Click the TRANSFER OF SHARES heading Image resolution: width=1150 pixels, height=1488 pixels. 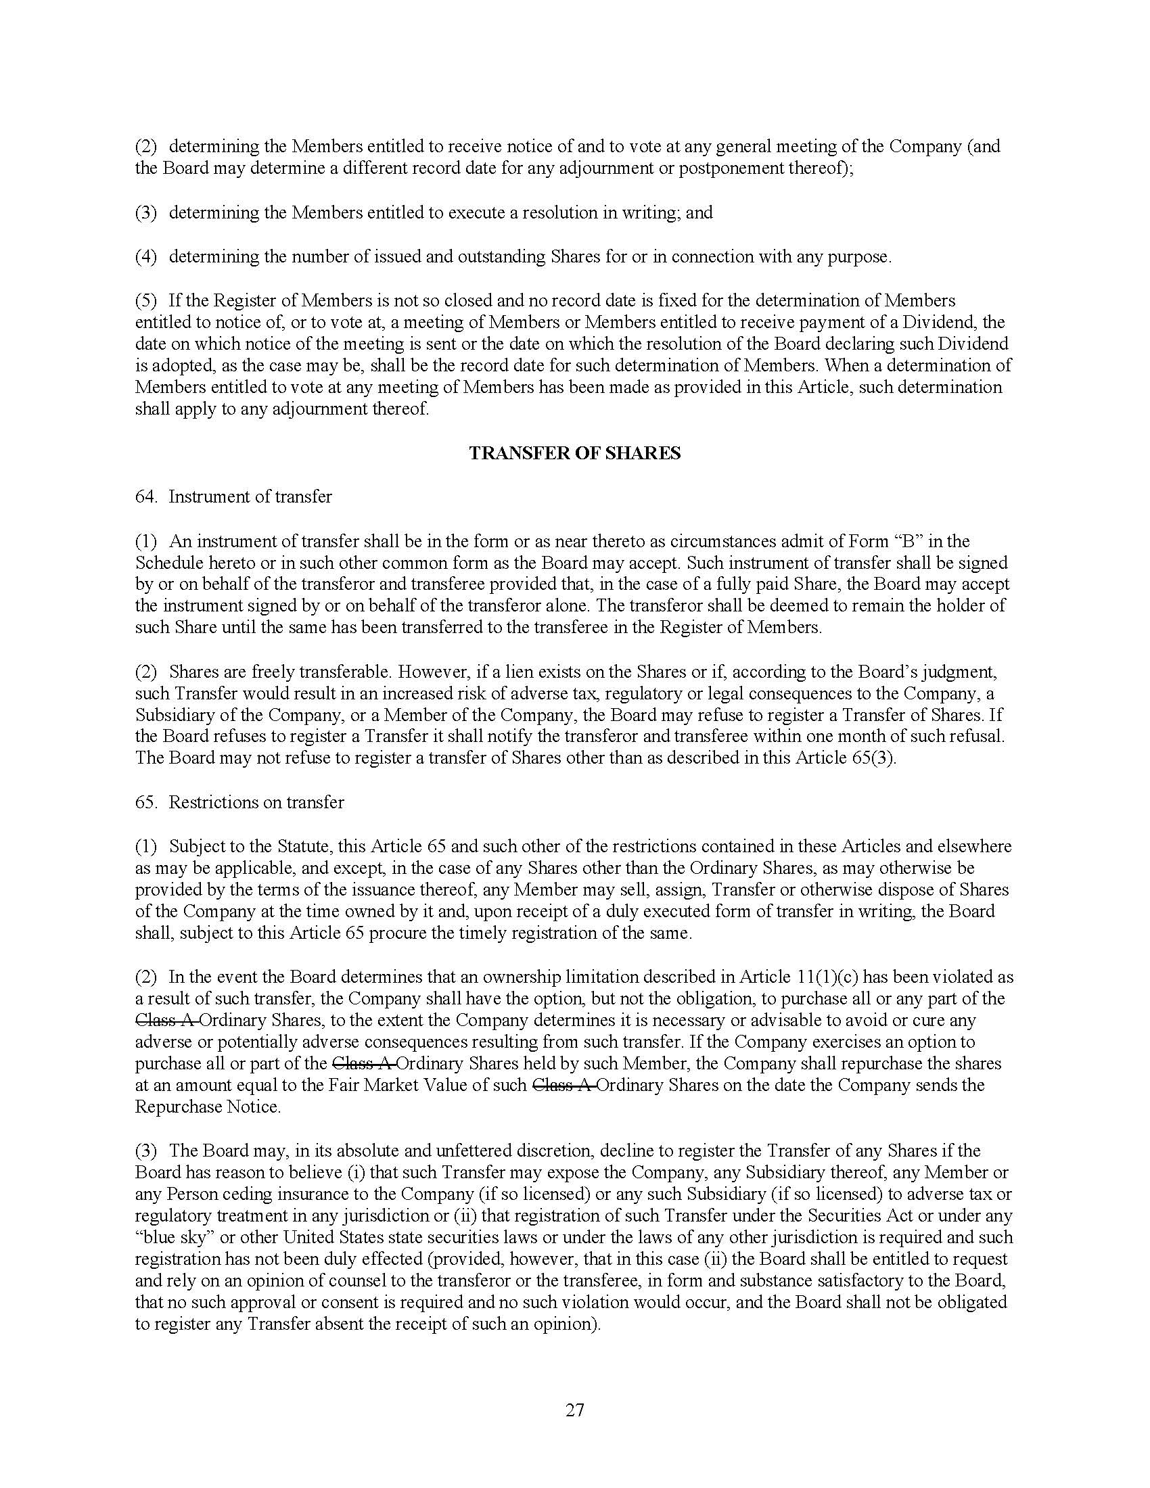click(574, 453)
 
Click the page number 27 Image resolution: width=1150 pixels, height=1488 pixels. click(574, 1410)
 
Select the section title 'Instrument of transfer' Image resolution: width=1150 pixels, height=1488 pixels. click(250, 496)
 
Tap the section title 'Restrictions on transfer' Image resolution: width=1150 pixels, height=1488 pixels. click(256, 802)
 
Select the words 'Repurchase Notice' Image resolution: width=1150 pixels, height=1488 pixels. click(207, 1107)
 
